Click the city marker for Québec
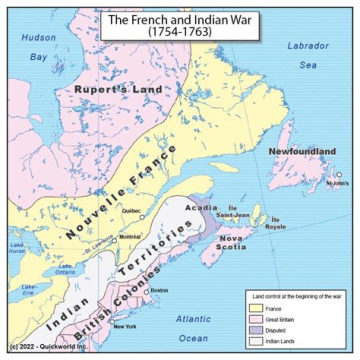[x=142, y=217]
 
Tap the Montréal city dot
[x=114, y=240]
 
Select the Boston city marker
[x=146, y=291]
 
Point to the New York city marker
[x=112, y=321]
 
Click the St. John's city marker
[x=339, y=174]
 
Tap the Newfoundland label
[x=302, y=151]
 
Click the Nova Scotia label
[x=232, y=242]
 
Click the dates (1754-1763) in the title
[x=180, y=31]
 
